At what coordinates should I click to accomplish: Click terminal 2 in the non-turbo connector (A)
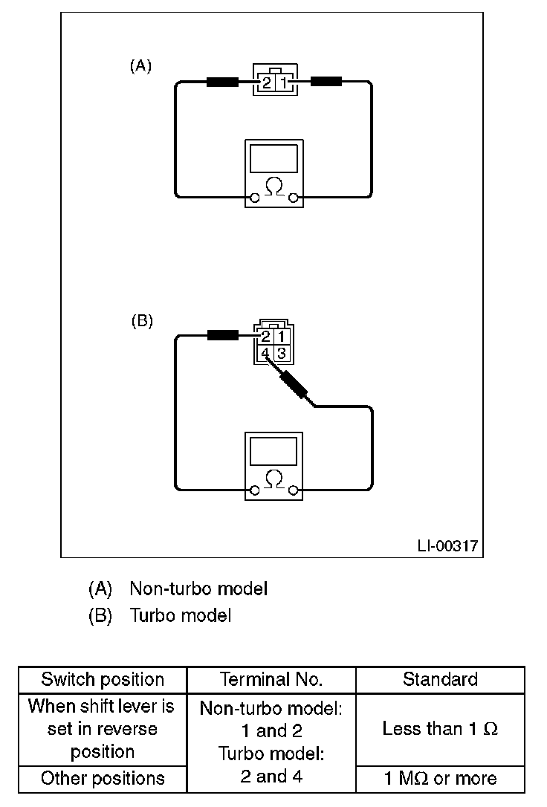pyautogui.click(x=267, y=82)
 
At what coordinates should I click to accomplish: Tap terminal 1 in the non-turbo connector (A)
pyautogui.click(x=282, y=82)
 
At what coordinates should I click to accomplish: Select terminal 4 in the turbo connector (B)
pyautogui.click(x=265, y=354)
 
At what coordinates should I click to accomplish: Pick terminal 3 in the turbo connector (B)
pyautogui.click(x=281, y=354)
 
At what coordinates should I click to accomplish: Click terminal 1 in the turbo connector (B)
pyautogui.click(x=281, y=337)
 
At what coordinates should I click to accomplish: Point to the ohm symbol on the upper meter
pyautogui.click(x=273, y=187)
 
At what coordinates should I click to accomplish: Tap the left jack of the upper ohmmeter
pyautogui.click(x=254, y=198)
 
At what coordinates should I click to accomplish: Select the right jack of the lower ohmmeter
pyautogui.click(x=294, y=490)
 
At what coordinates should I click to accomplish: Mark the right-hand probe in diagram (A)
pyautogui.click(x=326, y=81)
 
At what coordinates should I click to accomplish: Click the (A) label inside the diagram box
pyautogui.click(x=140, y=66)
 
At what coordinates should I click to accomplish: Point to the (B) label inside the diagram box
pyautogui.click(x=141, y=321)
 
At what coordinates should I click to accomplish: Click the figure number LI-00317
pyautogui.click(x=447, y=545)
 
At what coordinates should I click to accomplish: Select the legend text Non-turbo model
pyautogui.click(x=198, y=589)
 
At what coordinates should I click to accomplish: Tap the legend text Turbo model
pyautogui.click(x=181, y=615)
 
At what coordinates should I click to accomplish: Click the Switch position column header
pyautogui.click(x=103, y=679)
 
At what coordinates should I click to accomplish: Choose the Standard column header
pyautogui.click(x=440, y=679)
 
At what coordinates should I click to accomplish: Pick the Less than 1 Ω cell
pyautogui.click(x=440, y=729)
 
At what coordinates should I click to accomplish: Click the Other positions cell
pyautogui.click(x=103, y=778)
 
